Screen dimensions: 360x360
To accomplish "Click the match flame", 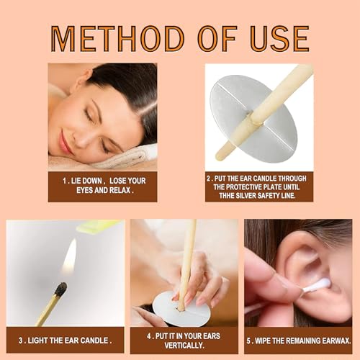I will point(69,257).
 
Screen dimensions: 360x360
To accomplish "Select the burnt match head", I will point(60,289).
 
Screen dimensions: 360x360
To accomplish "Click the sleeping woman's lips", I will point(66,142).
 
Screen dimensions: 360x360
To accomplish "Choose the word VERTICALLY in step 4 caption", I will point(182,345).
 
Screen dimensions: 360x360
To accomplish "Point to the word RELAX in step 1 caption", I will point(120,192).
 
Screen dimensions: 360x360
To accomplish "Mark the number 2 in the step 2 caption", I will point(209,177).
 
